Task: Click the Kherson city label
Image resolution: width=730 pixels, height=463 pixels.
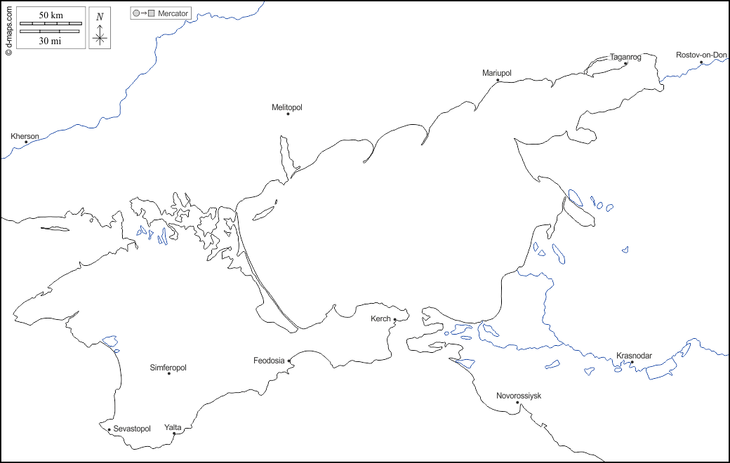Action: pyautogui.click(x=25, y=135)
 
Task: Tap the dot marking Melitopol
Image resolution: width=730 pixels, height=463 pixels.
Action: pyautogui.click(x=288, y=114)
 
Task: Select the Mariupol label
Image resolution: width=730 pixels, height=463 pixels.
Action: pyautogui.click(x=497, y=73)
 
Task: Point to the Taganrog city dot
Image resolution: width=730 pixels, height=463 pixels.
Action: pyautogui.click(x=625, y=63)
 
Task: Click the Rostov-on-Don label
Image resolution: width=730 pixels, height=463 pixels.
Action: pyautogui.click(x=701, y=55)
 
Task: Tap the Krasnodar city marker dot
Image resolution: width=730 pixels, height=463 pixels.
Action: pyautogui.click(x=632, y=362)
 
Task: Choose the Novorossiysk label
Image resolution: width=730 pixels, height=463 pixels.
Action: pyautogui.click(x=519, y=396)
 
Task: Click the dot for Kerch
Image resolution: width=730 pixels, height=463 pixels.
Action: pyautogui.click(x=395, y=320)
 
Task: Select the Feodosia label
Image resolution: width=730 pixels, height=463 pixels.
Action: pyautogui.click(x=269, y=361)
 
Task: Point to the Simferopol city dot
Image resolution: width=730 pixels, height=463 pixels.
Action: pyautogui.click(x=168, y=373)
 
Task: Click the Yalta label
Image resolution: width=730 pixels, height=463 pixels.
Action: pyautogui.click(x=172, y=427)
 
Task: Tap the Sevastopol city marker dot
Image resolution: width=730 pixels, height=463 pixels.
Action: pyautogui.click(x=109, y=429)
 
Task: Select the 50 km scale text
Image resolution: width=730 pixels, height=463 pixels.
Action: pyautogui.click(x=51, y=15)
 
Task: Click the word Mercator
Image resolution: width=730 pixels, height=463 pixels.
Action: pyautogui.click(x=173, y=13)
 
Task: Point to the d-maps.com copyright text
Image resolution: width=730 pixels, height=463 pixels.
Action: pyautogui.click(x=8, y=29)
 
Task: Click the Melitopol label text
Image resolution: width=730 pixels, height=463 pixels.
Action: pyautogui.click(x=286, y=107)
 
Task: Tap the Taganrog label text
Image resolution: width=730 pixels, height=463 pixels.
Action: pyautogui.click(x=625, y=57)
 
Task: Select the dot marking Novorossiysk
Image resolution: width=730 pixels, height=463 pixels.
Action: pyautogui.click(x=517, y=403)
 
